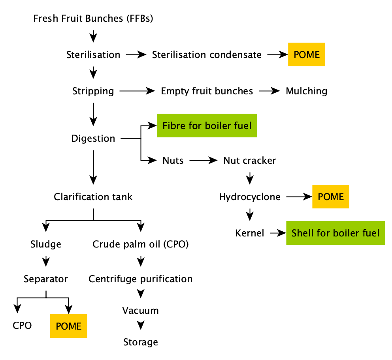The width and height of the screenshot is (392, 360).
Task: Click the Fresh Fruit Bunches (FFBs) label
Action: coord(93,19)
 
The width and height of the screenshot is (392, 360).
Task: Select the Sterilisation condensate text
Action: coord(207,55)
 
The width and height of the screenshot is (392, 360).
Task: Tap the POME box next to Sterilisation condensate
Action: coord(307,54)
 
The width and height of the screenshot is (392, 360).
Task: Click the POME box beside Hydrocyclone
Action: coord(331,197)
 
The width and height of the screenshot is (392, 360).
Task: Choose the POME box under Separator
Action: coord(68,326)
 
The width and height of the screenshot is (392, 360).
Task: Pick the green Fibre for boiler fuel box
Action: coord(207,126)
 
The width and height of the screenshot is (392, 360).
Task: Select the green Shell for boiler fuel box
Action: coord(335,233)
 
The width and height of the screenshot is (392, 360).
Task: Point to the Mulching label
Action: coord(306,91)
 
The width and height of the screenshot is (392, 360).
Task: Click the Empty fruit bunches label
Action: coord(207,91)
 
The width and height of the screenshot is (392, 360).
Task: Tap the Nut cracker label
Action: coord(250,160)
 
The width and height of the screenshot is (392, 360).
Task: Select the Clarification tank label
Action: coord(93,197)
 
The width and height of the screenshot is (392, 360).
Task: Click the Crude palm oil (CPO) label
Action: coord(141,244)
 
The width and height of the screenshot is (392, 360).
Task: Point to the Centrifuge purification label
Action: coord(141,279)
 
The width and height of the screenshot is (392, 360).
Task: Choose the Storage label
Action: coord(141,342)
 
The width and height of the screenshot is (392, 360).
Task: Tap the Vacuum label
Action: coord(141,310)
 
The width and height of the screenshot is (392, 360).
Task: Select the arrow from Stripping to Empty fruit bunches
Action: coord(137,91)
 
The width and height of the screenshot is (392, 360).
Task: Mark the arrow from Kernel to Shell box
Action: coord(278,233)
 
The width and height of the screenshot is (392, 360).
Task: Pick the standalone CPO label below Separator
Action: coord(22,326)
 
